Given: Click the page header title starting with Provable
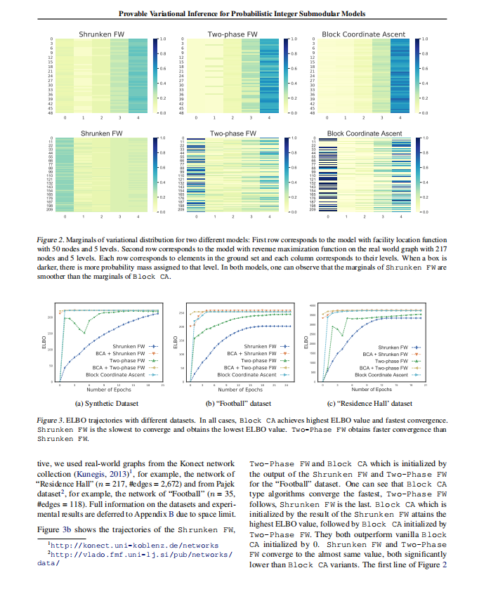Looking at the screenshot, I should point(249,13).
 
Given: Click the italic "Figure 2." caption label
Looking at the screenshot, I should point(51,239).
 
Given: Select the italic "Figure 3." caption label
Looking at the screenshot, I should point(51,420).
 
